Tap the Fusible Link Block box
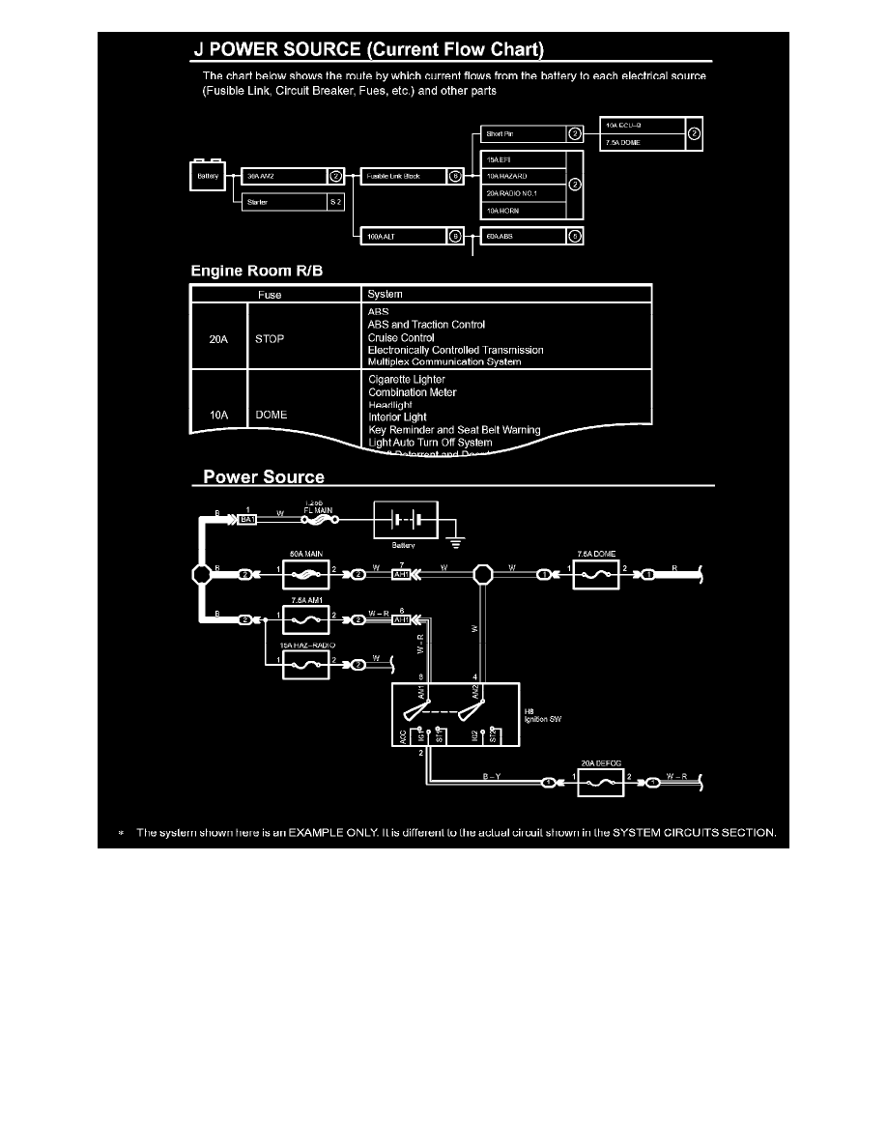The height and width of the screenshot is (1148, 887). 404,177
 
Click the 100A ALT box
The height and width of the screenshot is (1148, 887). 404,235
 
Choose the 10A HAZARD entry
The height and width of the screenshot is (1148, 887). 521,176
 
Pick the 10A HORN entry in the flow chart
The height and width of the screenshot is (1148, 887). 521,210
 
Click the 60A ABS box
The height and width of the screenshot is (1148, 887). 523,235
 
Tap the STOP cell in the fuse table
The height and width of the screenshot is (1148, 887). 270,338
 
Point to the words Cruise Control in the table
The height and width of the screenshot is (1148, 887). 402,337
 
